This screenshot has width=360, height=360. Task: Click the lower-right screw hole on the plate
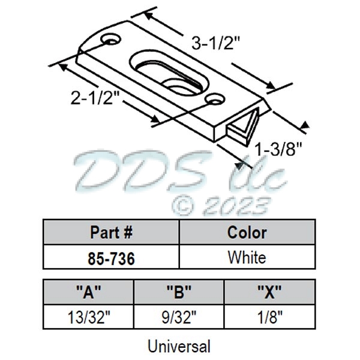211,98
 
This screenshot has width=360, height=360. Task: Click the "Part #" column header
112,233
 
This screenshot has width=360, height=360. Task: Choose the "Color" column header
247,233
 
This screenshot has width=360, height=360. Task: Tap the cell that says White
247,259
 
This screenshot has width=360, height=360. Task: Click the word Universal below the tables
179,346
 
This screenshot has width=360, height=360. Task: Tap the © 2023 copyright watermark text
220,206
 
